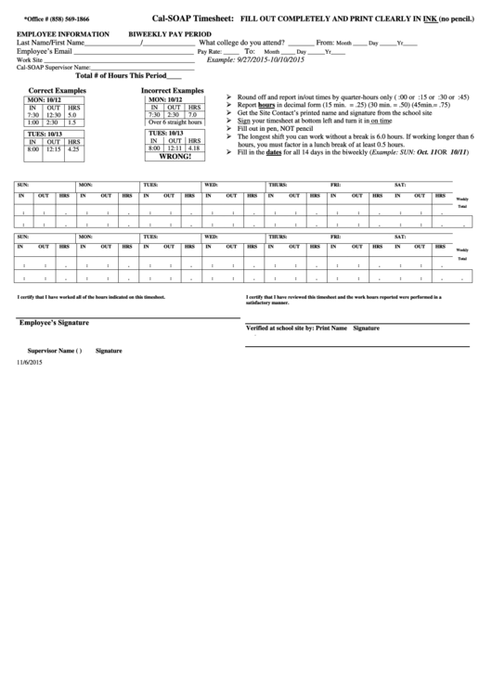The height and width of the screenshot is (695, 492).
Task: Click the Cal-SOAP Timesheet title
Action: [193, 18]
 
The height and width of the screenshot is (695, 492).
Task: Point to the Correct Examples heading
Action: [58, 91]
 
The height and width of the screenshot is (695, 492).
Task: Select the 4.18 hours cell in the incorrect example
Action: [193, 148]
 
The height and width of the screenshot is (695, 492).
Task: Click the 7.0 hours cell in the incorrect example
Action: [192, 114]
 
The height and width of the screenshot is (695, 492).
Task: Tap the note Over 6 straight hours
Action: [175, 122]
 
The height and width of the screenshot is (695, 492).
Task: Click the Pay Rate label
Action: [210, 52]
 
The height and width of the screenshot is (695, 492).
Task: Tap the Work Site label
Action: [30, 59]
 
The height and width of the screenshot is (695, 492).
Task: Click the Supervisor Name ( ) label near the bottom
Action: [55, 351]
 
